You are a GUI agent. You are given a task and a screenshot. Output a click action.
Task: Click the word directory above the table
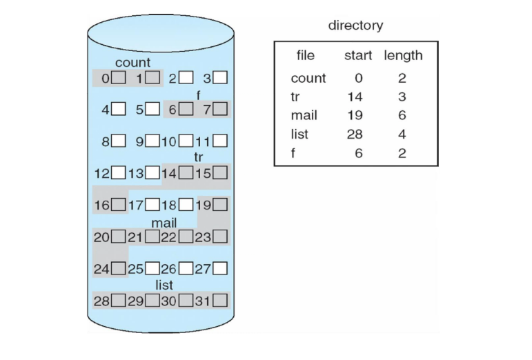pyautogui.click(x=355, y=26)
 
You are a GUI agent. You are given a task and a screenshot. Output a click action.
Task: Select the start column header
pyautogui.click(x=358, y=55)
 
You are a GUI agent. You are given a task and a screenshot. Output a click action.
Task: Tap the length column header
pyautogui.click(x=403, y=55)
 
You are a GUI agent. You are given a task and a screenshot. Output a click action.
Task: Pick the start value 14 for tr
pyautogui.click(x=355, y=97)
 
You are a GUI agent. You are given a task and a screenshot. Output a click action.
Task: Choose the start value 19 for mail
pyautogui.click(x=355, y=116)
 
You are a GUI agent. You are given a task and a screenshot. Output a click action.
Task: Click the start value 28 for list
pyautogui.click(x=355, y=134)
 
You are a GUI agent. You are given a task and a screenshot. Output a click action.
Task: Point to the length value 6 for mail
pyautogui.click(x=402, y=116)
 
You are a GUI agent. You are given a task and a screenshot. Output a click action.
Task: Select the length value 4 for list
pyautogui.click(x=402, y=134)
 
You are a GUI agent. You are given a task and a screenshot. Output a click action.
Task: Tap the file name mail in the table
pyautogui.click(x=304, y=116)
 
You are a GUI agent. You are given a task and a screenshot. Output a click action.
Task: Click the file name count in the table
pyautogui.click(x=308, y=79)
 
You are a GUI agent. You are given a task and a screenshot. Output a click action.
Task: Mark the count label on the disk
pyautogui.click(x=132, y=63)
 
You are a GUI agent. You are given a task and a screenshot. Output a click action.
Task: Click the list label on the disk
pyautogui.click(x=164, y=285)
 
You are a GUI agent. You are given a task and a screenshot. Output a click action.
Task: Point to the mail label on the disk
pyautogui.click(x=164, y=223)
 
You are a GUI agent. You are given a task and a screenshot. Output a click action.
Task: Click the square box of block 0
pyautogui.click(x=119, y=78)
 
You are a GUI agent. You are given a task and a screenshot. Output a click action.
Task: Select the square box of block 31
pyautogui.click(x=221, y=301)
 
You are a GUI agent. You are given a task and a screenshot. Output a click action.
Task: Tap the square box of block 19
pyautogui.click(x=221, y=204)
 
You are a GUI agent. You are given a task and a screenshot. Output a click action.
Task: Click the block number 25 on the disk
pyautogui.click(x=135, y=268)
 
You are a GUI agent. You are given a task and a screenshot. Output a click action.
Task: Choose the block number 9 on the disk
pyautogui.click(x=139, y=142)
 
